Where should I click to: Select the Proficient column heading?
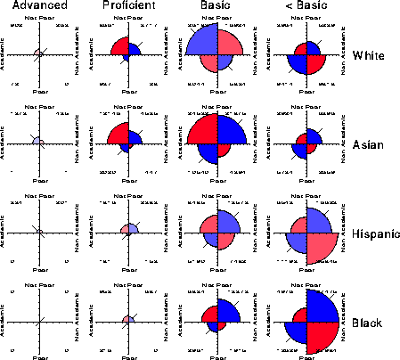(127, 6)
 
